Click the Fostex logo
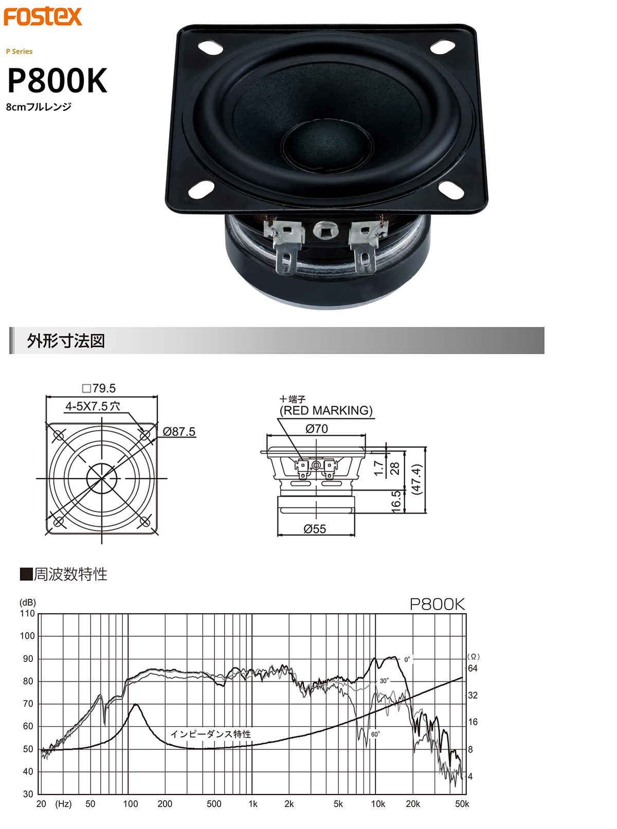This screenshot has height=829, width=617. click(x=43, y=16)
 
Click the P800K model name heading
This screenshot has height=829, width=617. click(x=57, y=81)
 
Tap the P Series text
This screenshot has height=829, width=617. click(x=19, y=51)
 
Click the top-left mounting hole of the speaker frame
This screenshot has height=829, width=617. click(x=210, y=47)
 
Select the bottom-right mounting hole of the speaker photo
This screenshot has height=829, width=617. click(x=451, y=192)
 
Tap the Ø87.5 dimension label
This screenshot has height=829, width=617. click(x=179, y=432)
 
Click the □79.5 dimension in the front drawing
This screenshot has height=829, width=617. click(x=99, y=388)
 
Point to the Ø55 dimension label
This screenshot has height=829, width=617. click(x=315, y=529)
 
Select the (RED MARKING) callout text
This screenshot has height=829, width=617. click(x=326, y=411)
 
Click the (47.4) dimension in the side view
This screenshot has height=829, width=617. click(x=416, y=479)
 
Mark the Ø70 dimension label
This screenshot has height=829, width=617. click(x=316, y=429)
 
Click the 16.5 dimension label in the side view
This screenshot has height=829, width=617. click(x=396, y=500)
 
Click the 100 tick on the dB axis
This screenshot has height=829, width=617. click(x=27, y=636)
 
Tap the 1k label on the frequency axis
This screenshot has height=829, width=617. click(x=252, y=804)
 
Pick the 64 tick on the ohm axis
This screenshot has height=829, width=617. click(x=473, y=668)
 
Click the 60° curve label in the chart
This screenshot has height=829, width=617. click(x=375, y=734)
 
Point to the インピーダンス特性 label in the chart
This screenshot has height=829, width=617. click(x=211, y=734)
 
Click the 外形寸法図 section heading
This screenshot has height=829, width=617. click(x=66, y=341)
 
